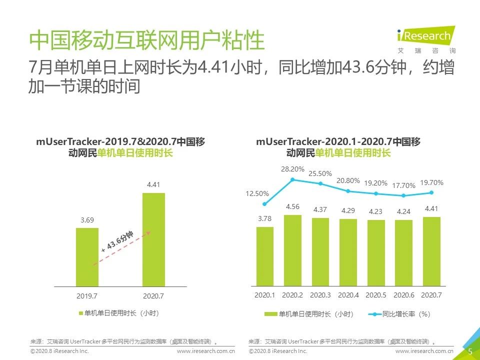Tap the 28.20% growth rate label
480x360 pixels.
(292, 169)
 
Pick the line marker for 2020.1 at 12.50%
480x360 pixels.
(264, 203)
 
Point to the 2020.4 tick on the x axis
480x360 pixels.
(348, 295)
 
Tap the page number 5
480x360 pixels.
(470, 352)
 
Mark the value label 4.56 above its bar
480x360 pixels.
(292, 207)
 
